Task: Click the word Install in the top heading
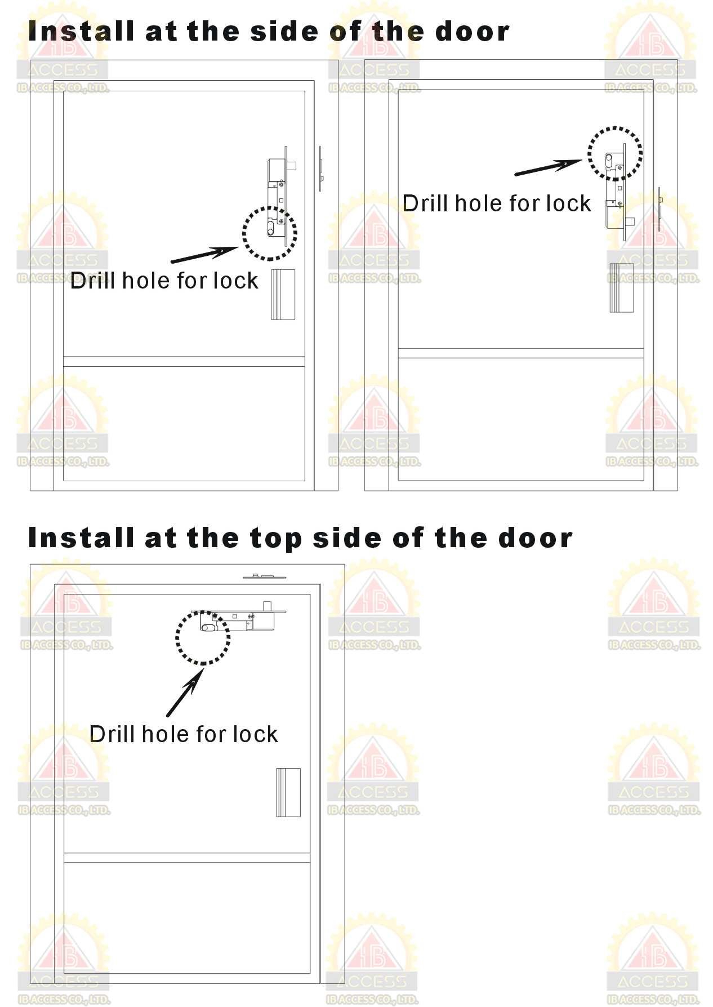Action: coord(81,31)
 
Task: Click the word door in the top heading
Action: coord(473,31)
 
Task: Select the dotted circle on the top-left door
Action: coord(270,233)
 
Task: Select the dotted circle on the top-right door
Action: coord(615,153)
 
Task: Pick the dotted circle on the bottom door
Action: coord(203,638)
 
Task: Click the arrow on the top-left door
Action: coord(205,254)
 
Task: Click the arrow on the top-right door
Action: coord(549,167)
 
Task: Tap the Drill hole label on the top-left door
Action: coord(164,281)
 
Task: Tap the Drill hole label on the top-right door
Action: coord(497,203)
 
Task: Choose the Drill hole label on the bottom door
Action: coord(184,734)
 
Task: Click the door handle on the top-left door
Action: coord(283,295)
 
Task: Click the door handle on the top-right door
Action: coord(621,287)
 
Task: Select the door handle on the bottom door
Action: coord(288,792)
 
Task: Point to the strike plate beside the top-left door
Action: coord(320,169)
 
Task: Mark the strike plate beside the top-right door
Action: coord(660,209)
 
